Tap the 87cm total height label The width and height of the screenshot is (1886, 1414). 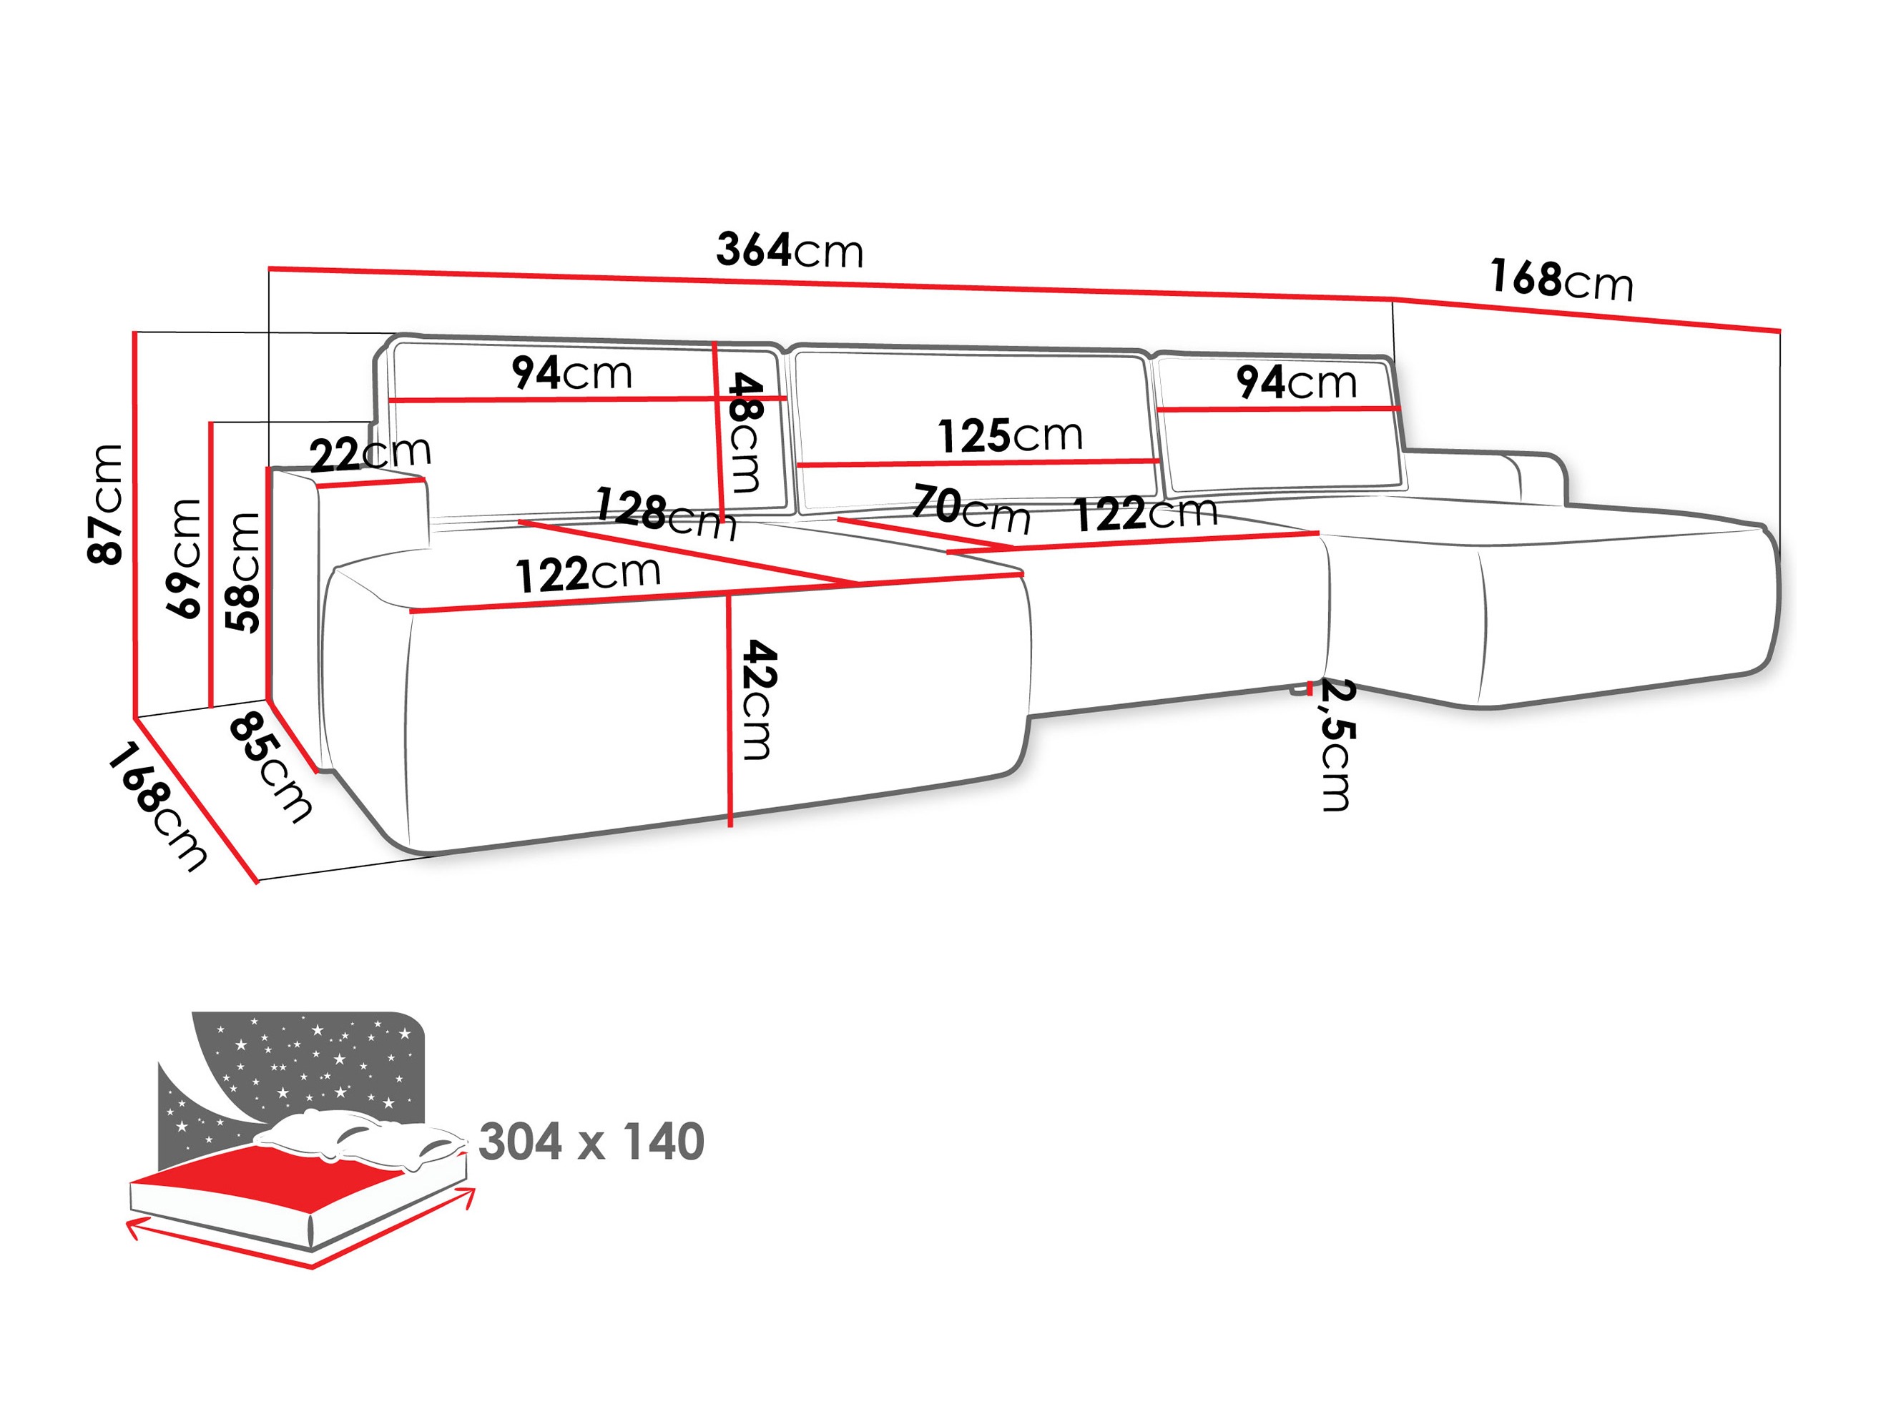click(107, 505)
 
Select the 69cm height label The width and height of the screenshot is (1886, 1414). click(185, 558)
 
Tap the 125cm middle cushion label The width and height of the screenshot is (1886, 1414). click(1011, 435)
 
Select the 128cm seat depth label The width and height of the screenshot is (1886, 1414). click(666, 513)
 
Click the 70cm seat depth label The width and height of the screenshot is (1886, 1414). click(971, 508)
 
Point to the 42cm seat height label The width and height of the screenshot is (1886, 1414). click(758, 701)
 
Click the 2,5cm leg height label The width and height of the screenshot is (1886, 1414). click(1335, 745)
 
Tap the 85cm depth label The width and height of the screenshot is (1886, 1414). click(271, 768)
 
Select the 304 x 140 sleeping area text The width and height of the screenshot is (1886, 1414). click(591, 1142)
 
